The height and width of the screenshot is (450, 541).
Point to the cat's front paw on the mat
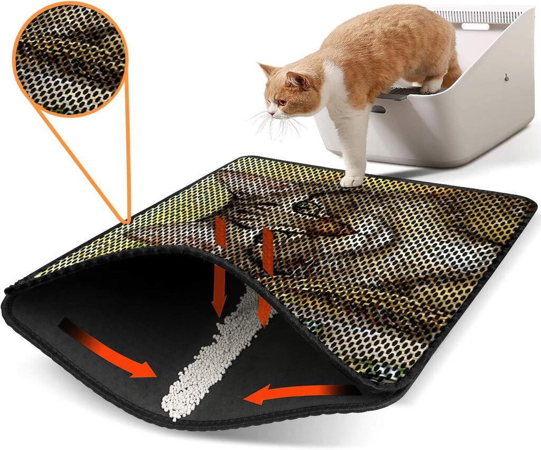(x=351, y=181)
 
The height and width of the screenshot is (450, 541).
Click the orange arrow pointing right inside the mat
(x=108, y=350)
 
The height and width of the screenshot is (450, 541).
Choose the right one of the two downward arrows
(x=266, y=275)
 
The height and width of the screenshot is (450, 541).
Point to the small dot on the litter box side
(x=506, y=77)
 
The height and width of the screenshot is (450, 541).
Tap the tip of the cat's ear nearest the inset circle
(x=260, y=66)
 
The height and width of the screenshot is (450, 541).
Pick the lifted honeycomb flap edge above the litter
(x=254, y=264)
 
